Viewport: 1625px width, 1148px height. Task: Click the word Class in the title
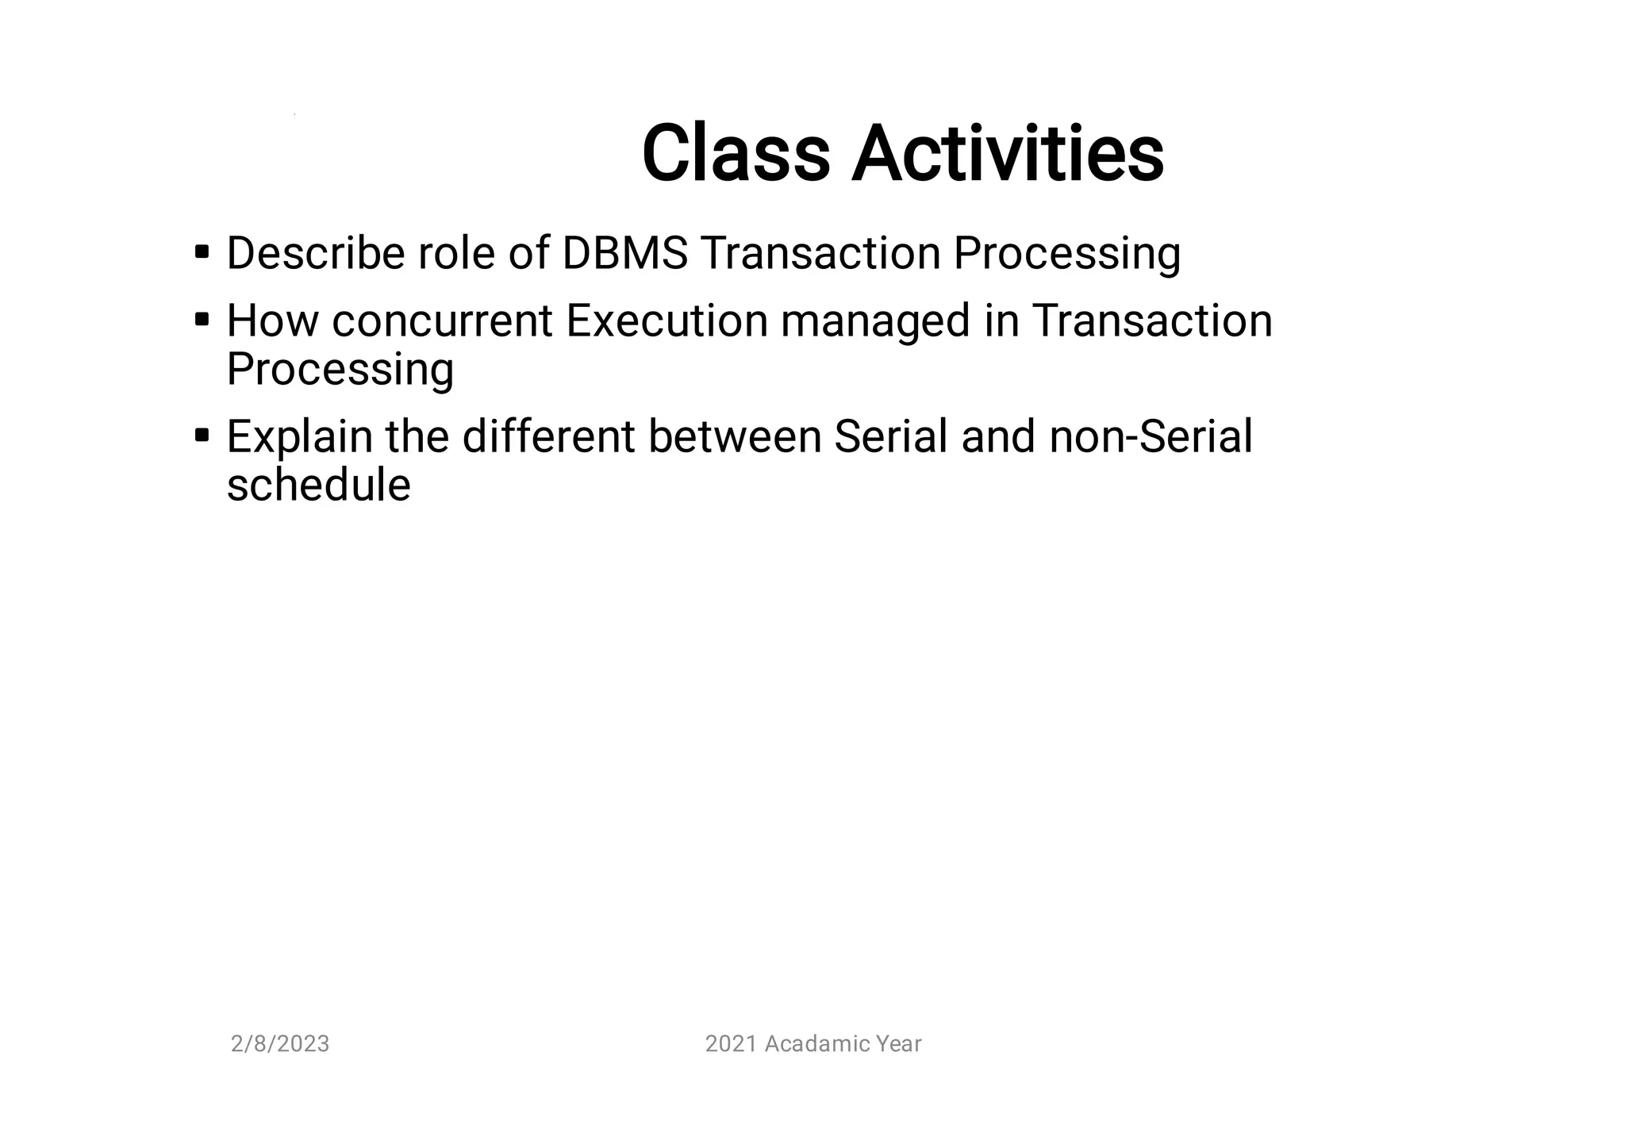735,154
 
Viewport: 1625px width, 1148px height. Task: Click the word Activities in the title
1008,154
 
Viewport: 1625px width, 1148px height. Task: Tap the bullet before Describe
202,253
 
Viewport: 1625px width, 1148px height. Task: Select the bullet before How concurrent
202,321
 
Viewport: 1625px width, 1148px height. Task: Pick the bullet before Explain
202,436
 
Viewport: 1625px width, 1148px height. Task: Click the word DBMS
624,254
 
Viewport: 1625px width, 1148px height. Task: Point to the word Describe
315,254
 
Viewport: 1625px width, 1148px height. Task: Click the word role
456,254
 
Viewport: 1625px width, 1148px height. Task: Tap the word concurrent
442,321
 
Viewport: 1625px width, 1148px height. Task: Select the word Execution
667,321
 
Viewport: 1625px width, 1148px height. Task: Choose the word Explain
299,438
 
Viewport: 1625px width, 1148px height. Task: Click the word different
548,436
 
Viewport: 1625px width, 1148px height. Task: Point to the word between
734,436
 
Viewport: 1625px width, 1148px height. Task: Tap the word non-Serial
1151,436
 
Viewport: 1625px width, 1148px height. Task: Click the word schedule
318,485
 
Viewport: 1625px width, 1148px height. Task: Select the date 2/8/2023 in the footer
279,1044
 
